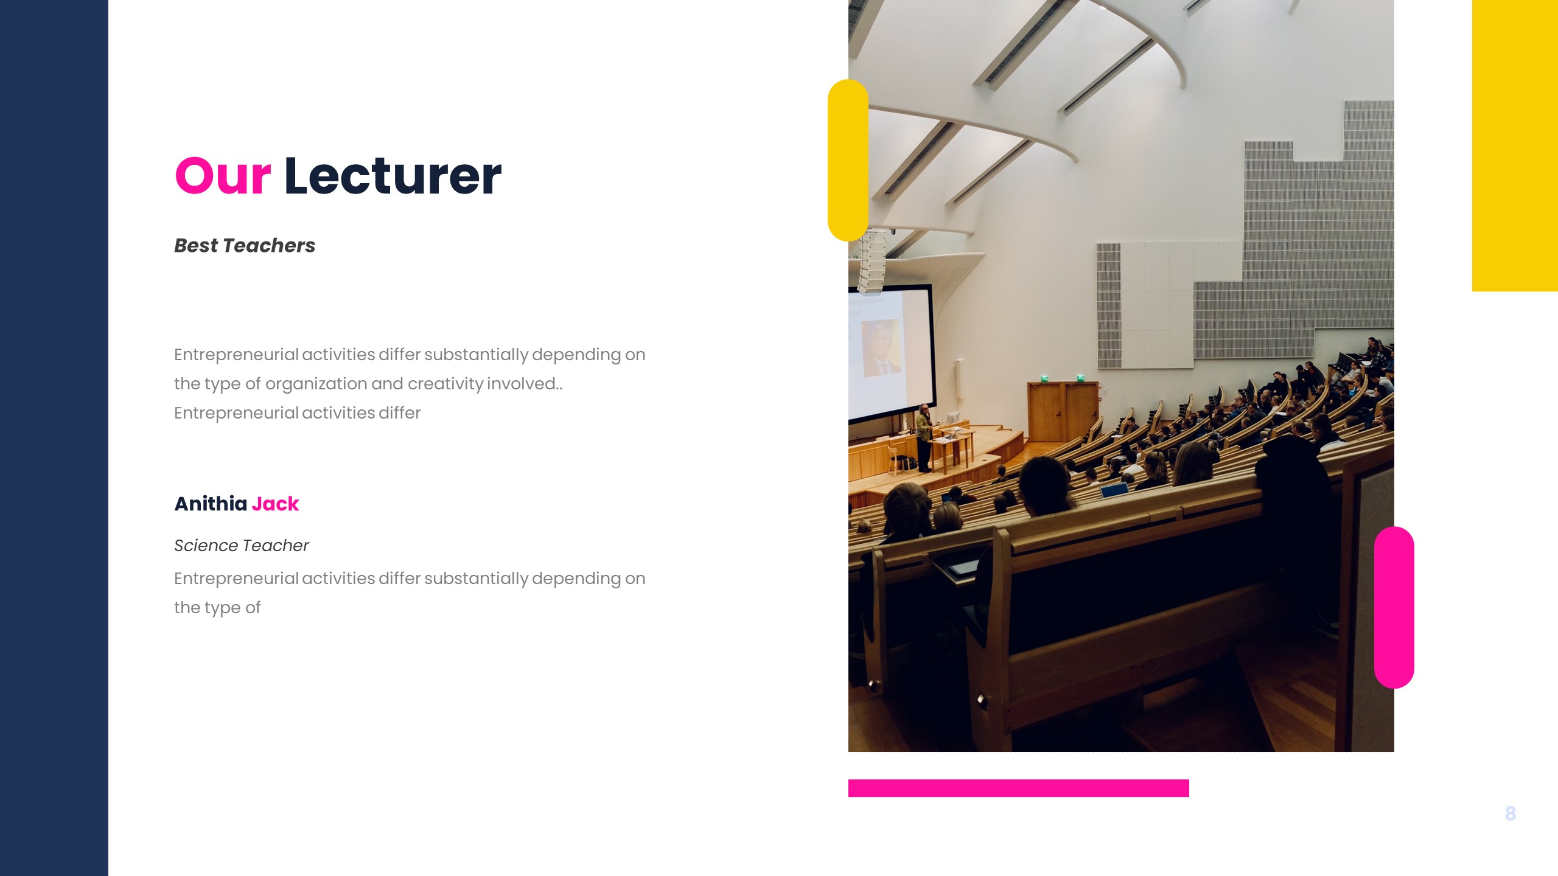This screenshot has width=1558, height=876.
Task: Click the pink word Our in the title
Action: pos(223,176)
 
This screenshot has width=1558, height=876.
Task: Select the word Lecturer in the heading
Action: pos(393,176)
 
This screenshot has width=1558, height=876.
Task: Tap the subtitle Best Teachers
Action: pos(245,245)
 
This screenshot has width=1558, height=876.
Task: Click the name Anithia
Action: pos(211,504)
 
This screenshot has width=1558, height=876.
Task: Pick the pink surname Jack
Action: pos(275,504)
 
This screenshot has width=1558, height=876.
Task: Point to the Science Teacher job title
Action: pos(241,545)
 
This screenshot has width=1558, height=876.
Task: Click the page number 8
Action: pos(1510,813)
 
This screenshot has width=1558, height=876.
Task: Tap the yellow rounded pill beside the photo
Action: pos(847,160)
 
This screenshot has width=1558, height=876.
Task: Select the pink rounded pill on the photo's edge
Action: pos(1394,607)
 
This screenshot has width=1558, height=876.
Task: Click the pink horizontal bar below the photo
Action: pos(1018,788)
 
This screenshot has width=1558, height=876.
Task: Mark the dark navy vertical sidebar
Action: pos(54,438)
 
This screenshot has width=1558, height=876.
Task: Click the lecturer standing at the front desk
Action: pos(924,437)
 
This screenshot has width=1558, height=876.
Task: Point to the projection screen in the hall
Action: pos(889,353)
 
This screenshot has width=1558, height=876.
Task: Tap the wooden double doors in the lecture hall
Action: pos(1063,411)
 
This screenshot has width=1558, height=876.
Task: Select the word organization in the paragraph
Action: pos(316,384)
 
